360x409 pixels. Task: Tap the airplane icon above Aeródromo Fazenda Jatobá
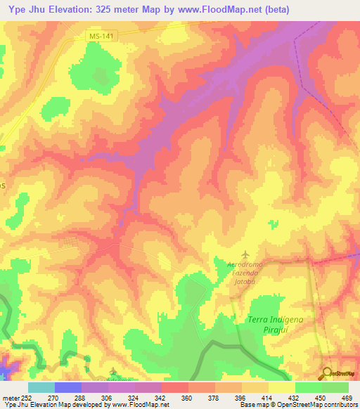point(245,254)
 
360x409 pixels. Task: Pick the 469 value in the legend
point(347,397)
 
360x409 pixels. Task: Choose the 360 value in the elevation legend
point(187,397)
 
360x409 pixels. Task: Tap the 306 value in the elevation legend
point(107,397)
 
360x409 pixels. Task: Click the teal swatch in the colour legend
point(41,387)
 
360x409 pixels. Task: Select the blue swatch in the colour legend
point(68,387)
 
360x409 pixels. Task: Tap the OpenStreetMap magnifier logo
point(327,374)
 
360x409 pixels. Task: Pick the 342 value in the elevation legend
point(160,397)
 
